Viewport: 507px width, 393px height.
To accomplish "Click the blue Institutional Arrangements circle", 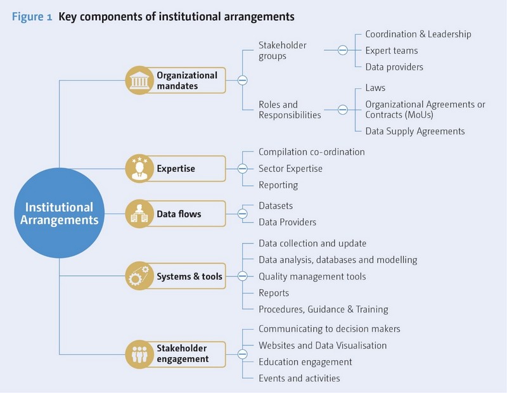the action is [59, 213].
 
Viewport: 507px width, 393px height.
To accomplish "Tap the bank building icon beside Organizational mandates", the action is [139, 81].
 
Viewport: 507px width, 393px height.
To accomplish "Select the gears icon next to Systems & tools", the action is [139, 276].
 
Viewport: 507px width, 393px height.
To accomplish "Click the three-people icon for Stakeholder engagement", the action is [139, 354].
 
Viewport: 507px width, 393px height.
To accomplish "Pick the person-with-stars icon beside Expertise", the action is [139, 169].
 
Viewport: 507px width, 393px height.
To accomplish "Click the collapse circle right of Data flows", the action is [243, 214].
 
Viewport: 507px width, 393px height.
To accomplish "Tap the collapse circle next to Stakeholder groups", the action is [343, 50].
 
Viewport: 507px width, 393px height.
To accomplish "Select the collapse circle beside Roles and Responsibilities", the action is [343, 110].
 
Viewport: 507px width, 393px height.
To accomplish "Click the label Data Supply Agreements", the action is [415, 131].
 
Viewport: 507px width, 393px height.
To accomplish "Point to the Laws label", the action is [375, 87].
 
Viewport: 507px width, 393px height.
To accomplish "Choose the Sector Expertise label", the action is [290, 169].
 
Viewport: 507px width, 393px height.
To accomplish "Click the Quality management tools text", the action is [312, 276].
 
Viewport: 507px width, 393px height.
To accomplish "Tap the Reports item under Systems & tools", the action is [274, 293].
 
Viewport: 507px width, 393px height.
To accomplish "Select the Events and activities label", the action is [299, 378].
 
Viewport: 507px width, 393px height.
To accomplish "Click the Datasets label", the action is [276, 206].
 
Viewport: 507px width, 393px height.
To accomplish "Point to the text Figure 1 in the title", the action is [32, 16].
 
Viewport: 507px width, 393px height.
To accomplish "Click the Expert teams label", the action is [392, 51].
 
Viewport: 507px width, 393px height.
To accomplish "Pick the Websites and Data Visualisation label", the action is [323, 345].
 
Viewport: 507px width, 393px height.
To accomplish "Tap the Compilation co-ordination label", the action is [312, 152].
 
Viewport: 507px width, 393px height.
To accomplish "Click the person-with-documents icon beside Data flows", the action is [139, 214].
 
